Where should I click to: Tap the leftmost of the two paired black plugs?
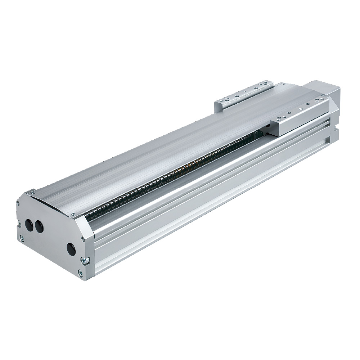(29, 225)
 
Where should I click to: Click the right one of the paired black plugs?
(38, 227)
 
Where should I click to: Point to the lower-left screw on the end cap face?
(22, 237)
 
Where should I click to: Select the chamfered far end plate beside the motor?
(334, 115)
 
